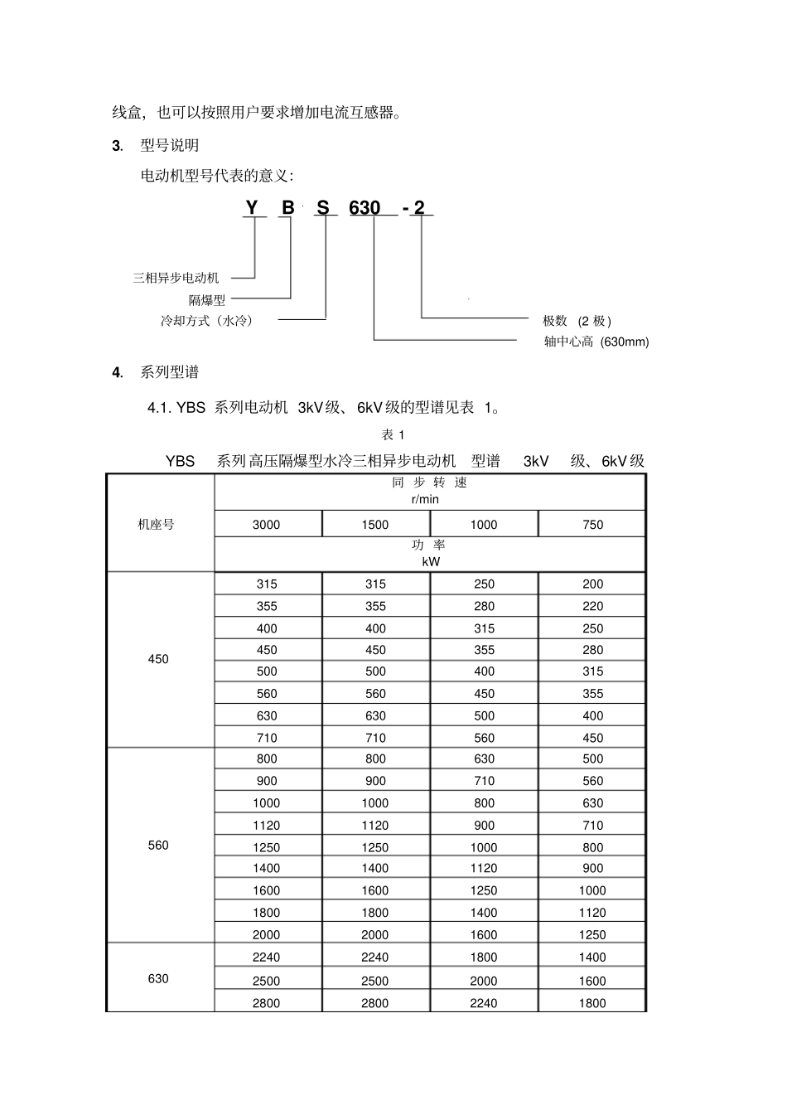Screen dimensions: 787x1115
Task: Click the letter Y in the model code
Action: click(252, 207)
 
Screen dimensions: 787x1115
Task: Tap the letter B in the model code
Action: click(287, 207)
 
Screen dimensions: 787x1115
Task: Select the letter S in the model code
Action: click(323, 207)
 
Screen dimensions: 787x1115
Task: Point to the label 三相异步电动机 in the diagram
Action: click(176, 279)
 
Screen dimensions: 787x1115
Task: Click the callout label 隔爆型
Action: click(207, 300)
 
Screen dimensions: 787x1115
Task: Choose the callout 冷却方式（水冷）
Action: click(207, 321)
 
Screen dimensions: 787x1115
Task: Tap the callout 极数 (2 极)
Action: click(577, 321)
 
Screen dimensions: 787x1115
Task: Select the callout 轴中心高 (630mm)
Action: click(596, 342)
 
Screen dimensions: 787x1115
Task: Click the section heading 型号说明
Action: click(169, 146)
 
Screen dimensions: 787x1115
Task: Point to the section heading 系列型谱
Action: click(169, 373)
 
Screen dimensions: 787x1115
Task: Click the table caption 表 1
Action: click(393, 435)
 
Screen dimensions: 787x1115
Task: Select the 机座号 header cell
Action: click(157, 525)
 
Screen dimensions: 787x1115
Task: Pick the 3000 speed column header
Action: click(267, 525)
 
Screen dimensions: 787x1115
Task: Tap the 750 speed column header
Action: click(593, 525)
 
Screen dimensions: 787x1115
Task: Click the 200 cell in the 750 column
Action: click(593, 584)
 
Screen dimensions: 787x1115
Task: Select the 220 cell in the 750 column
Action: click(593, 607)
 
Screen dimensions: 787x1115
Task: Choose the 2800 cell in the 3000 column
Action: click(267, 1003)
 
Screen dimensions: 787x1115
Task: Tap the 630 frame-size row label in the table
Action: click(158, 979)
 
